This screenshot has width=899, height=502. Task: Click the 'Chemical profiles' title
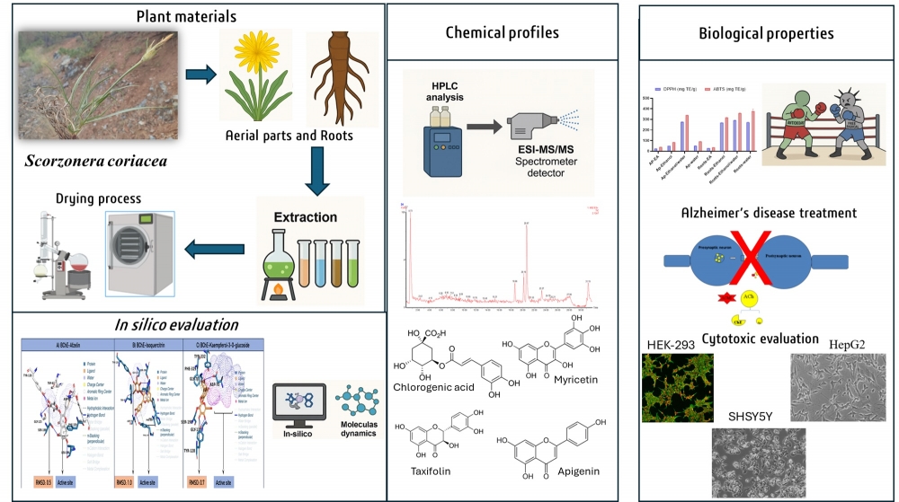pos(503,33)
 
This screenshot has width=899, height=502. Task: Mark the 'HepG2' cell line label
pos(838,342)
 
